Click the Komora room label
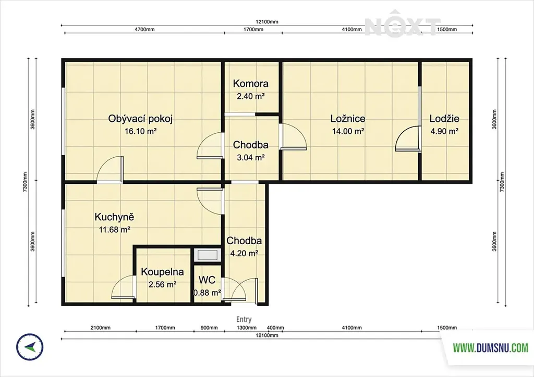[x=251, y=84]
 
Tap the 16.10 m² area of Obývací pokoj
[x=141, y=131]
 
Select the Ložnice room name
[x=348, y=119]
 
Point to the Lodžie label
[x=444, y=119]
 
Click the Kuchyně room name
[x=114, y=217]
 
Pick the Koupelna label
[x=163, y=272]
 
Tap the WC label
[x=207, y=280]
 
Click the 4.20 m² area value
[x=244, y=253]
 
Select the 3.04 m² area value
[x=251, y=157]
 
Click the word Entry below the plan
[x=244, y=319]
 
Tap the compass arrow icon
[x=30, y=347]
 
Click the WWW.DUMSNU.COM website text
[x=490, y=348]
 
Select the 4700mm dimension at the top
[x=144, y=30]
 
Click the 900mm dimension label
[x=209, y=328]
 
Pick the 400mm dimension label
[x=275, y=328]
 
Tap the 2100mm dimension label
[x=101, y=328]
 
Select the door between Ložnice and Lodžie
[x=408, y=137]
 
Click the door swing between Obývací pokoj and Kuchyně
[x=110, y=169]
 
